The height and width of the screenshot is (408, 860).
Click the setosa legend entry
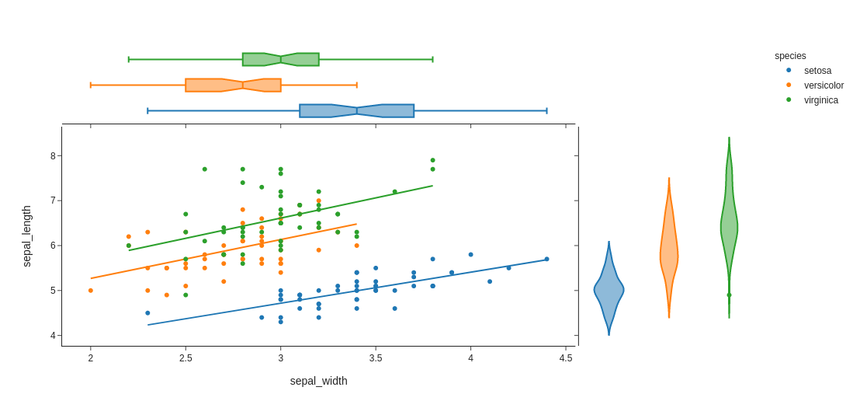click(817, 71)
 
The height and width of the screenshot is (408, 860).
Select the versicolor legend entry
click(823, 85)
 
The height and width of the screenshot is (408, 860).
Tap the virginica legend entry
click(820, 100)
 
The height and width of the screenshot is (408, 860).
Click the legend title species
click(790, 56)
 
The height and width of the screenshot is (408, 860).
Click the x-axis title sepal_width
click(318, 381)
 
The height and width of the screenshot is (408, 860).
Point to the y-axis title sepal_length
click(27, 236)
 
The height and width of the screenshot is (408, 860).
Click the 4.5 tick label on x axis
click(566, 358)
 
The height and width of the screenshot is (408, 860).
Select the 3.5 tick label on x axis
click(376, 358)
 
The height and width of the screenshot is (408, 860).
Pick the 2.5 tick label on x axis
click(186, 358)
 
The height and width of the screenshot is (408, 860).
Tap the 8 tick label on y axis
click(53, 156)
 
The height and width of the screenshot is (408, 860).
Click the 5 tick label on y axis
click(53, 291)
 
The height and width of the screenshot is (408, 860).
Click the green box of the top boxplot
click(280, 60)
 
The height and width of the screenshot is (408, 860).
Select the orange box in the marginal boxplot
click(233, 85)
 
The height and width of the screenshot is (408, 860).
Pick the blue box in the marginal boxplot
click(356, 111)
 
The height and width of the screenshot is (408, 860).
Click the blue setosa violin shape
click(609, 291)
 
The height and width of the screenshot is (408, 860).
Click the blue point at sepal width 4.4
click(546, 260)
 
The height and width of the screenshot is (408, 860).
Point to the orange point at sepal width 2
click(91, 291)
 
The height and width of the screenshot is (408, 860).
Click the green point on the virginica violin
click(729, 295)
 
